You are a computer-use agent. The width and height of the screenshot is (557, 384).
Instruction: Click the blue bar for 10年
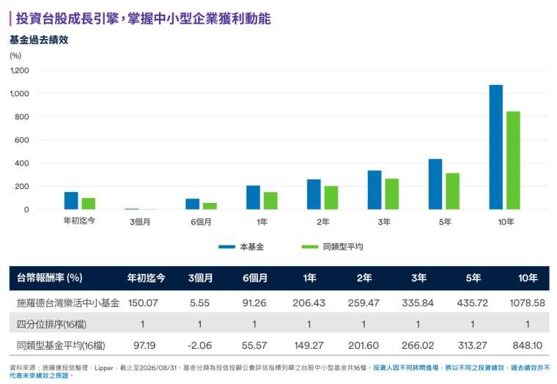[x=496, y=147]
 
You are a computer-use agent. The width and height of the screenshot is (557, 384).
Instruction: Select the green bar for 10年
[x=513, y=160]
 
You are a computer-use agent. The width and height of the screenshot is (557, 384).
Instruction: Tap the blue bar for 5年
[x=435, y=184]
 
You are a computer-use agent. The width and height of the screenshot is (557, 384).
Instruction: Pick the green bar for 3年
[x=392, y=194]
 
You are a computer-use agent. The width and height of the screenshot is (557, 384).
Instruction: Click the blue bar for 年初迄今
[x=71, y=201]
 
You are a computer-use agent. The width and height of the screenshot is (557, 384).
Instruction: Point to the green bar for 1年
[x=270, y=201]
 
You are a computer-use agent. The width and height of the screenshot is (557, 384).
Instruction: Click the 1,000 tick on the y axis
[x=20, y=93]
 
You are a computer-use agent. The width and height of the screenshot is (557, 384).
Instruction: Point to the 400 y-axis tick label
[x=22, y=163]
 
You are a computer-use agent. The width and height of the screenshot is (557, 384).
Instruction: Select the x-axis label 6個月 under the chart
[x=201, y=222]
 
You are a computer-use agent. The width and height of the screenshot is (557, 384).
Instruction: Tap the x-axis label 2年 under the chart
[x=323, y=222]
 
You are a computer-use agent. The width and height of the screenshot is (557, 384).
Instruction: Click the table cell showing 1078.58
[x=527, y=303]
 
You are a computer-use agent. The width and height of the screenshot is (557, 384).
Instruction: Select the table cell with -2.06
[x=199, y=345]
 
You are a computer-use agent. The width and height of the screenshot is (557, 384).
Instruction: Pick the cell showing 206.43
[x=309, y=303]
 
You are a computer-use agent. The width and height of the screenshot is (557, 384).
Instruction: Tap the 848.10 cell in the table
[x=528, y=345]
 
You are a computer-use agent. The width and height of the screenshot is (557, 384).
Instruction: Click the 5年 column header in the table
[x=473, y=278]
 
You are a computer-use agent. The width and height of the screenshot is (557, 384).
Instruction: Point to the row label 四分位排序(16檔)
[x=51, y=324]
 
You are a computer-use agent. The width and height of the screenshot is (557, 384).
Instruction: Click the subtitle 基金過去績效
[x=39, y=40]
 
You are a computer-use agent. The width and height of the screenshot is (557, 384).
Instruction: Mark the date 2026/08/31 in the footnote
[x=158, y=368]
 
